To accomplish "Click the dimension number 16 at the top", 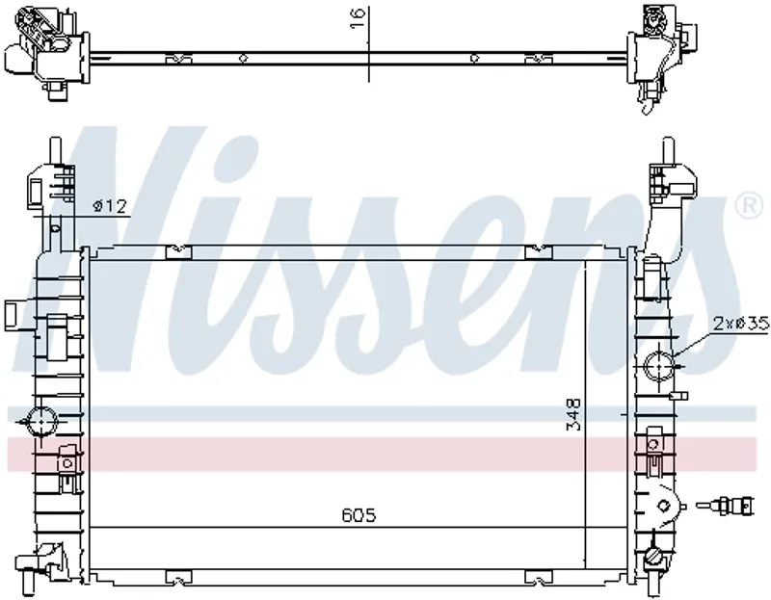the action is (x=359, y=18).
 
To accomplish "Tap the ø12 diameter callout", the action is (x=110, y=206).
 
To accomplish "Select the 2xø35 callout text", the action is (x=740, y=324).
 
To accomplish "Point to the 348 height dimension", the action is (x=573, y=414).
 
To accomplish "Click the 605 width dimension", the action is (x=359, y=515).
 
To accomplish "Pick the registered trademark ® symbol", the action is (x=749, y=206).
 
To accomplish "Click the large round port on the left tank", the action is (x=41, y=422).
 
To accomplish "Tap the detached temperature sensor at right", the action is (x=725, y=506).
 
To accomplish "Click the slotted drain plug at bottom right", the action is (x=652, y=558).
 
